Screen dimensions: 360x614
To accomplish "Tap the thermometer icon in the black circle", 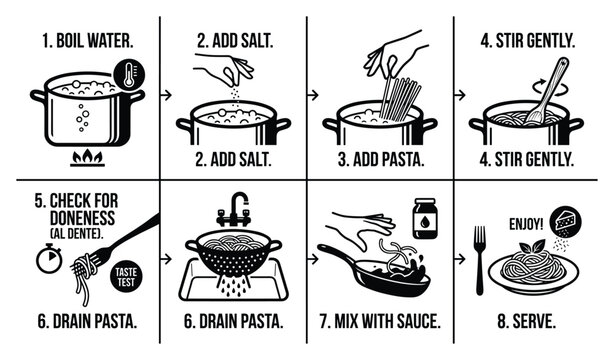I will pos(127,75).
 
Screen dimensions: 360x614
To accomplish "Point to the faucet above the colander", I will pos(236,208).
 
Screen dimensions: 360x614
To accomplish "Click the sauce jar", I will pos(428,218).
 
